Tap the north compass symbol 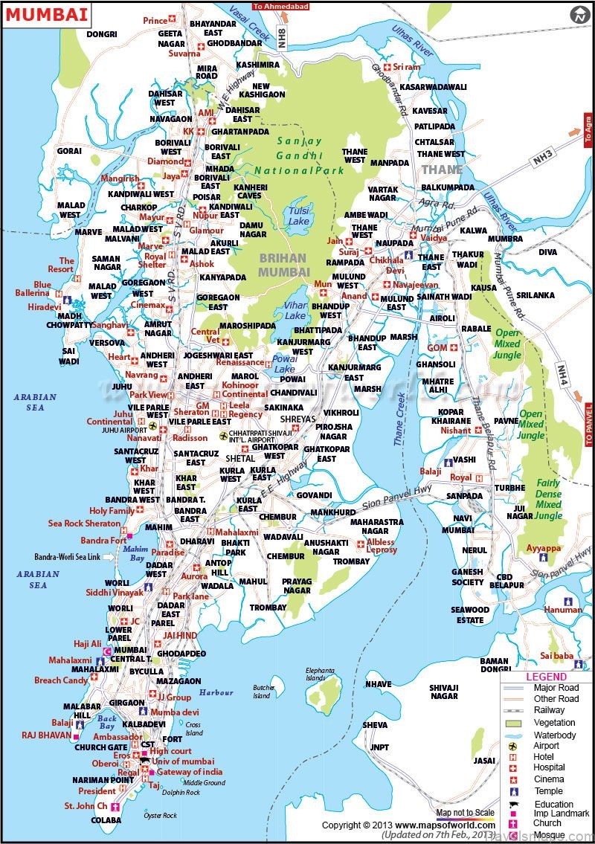point(579,15)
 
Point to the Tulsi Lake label point(299,216)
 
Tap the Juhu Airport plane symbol point(153,426)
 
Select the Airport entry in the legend point(547,746)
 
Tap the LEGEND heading point(547,677)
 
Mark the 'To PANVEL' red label point(589,425)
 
